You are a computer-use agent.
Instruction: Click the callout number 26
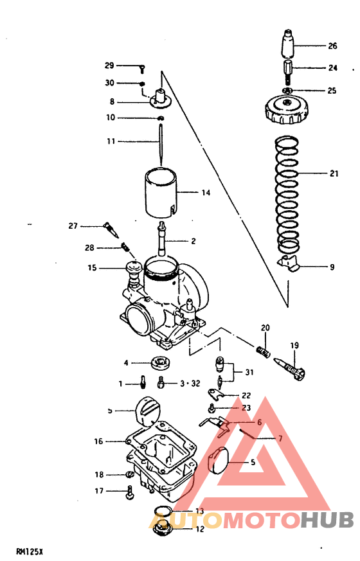point(332,46)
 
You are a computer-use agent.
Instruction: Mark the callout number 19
point(294,346)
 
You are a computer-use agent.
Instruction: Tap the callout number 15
point(94,267)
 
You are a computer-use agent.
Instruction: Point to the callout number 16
point(98,441)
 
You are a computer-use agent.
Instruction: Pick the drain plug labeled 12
point(161,531)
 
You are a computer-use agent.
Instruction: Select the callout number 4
point(127,362)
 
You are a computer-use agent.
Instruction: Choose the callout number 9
point(332,267)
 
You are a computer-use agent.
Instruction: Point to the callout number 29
point(109,66)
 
